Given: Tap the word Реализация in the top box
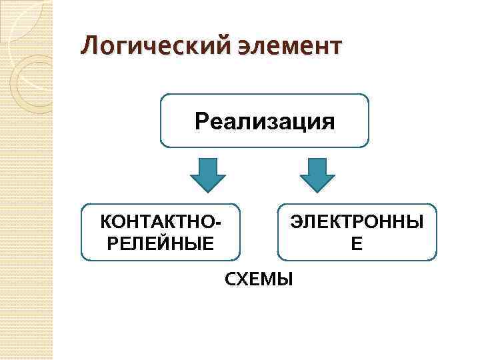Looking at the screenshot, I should pos(265,122).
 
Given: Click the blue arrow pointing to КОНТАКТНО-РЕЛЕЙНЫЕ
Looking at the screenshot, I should pos(208,175).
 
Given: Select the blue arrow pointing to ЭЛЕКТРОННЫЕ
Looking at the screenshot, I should pos(317,175).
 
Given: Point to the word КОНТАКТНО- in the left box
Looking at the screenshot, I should pos(161,221).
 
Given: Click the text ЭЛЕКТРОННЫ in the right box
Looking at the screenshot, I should pos(357,221).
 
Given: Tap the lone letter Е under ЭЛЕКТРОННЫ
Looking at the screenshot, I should pos(357,243).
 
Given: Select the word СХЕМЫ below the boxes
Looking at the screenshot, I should pos(259,279).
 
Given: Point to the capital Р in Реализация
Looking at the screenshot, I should pos(202,123).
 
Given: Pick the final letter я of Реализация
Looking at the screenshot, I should pos(327,123).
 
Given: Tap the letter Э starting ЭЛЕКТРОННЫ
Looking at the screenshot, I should pos(296,221).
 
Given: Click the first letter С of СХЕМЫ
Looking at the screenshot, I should pos(229,279).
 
